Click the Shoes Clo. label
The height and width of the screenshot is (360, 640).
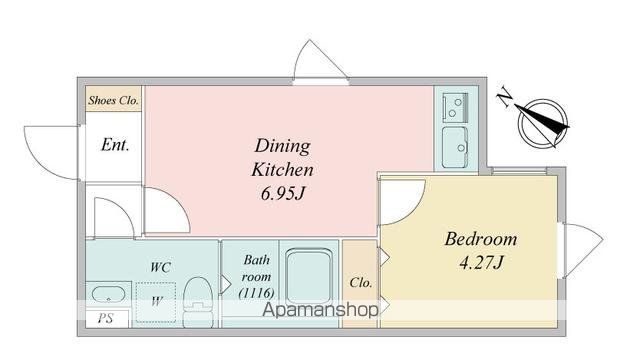[x=113, y=100]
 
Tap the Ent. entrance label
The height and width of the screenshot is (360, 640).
[x=115, y=144]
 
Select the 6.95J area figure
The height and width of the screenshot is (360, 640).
[x=282, y=193]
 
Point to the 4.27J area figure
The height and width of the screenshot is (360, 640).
[x=481, y=262]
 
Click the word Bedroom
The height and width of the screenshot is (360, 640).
[x=481, y=239]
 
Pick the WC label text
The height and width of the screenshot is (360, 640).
[x=160, y=267]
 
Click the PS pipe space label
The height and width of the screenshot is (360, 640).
[x=105, y=318]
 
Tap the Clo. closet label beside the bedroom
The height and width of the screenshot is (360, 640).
[x=361, y=282]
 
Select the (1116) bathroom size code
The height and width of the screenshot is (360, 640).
[x=256, y=293]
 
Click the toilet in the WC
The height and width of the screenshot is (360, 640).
[x=198, y=302]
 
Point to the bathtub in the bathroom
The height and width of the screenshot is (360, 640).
[x=309, y=278]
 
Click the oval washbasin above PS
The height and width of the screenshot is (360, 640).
[x=108, y=294]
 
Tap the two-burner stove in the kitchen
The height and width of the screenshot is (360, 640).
[x=456, y=107]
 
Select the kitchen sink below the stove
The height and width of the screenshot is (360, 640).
[x=455, y=147]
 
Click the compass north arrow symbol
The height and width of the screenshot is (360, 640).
[x=543, y=123]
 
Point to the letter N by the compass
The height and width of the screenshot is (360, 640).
[x=505, y=98]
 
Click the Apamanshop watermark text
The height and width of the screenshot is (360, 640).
[x=320, y=310]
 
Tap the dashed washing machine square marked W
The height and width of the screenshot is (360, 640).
[x=156, y=302]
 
